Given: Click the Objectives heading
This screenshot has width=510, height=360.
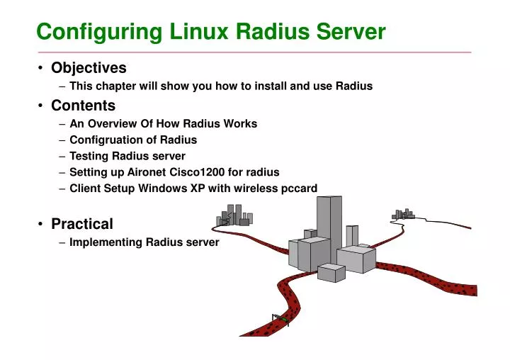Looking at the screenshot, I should click(x=89, y=68).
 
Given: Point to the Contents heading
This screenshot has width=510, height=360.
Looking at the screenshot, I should click(x=83, y=106).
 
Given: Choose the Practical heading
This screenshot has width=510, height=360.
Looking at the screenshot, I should click(x=82, y=224).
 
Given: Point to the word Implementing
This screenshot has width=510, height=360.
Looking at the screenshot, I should click(x=106, y=242).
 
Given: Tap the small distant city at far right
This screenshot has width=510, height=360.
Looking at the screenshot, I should click(x=403, y=213).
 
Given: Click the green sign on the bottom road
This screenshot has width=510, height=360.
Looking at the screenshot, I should click(x=282, y=320).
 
